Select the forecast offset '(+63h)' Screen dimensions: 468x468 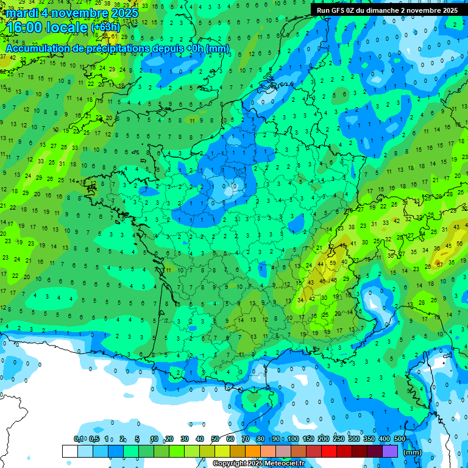(x=105, y=27)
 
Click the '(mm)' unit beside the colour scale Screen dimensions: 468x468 (x=413, y=452)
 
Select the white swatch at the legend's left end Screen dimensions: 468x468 (x=69, y=451)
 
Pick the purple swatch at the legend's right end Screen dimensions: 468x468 (x=390, y=451)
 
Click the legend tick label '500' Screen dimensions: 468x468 (x=400, y=439)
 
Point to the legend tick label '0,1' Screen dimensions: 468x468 (x=78, y=439)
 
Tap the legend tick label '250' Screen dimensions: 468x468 (x=338, y=439)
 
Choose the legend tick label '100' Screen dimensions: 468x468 (x=292, y=439)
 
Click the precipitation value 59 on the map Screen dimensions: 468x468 (x=332, y=263)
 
